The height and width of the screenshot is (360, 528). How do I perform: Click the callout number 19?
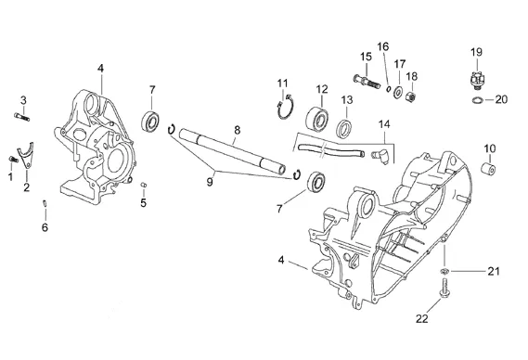pos(476,52)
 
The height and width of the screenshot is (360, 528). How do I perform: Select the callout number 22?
pos(422,318)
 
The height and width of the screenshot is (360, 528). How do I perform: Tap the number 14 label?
pos(384,124)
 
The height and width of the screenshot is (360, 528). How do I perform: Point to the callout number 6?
pos(45,227)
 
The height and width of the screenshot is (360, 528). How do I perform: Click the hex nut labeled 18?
pos(411,97)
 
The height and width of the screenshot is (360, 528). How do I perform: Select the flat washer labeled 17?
pos(398,92)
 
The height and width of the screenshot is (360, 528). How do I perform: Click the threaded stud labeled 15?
pos(367,81)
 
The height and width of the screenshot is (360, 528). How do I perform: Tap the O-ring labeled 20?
pos(477,100)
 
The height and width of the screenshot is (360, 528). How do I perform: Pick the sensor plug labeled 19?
pos(475,81)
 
